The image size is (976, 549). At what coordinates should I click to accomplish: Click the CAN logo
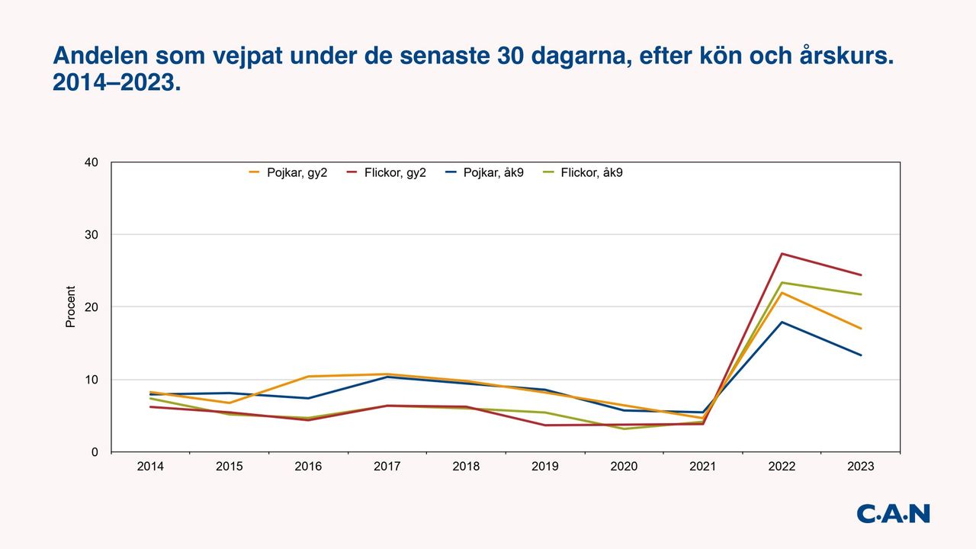(893, 513)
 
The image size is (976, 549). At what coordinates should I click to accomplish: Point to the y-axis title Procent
(71, 307)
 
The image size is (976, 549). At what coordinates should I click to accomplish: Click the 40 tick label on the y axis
(91, 162)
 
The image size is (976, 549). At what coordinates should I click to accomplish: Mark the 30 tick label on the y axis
(91, 234)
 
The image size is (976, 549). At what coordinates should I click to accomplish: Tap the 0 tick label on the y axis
(95, 452)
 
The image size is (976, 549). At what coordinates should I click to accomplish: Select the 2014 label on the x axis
(150, 467)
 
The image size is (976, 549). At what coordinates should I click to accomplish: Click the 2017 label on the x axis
(387, 467)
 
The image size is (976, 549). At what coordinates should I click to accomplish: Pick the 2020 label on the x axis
(624, 467)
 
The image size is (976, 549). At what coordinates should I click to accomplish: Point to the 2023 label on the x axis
(860, 467)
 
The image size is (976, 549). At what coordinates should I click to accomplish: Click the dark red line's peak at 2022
(782, 254)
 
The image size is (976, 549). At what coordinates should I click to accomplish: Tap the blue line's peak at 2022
(782, 322)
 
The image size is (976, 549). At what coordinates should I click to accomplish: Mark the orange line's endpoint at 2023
(861, 329)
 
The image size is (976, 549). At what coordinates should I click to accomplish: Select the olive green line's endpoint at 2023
(861, 294)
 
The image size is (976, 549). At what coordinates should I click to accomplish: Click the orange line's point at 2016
(308, 377)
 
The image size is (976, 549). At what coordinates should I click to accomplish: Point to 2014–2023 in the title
(117, 83)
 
